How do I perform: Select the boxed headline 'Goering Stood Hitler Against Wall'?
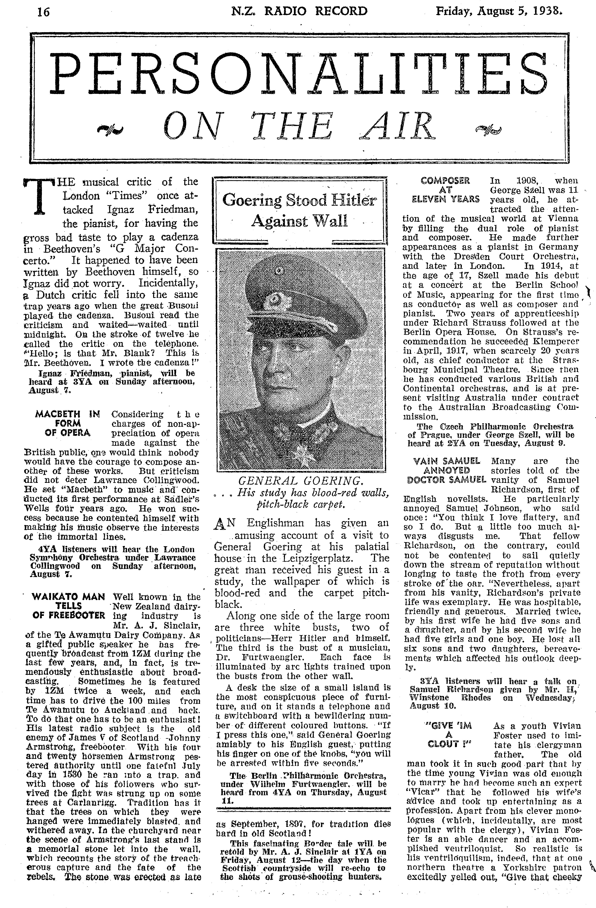pos(299,210)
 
